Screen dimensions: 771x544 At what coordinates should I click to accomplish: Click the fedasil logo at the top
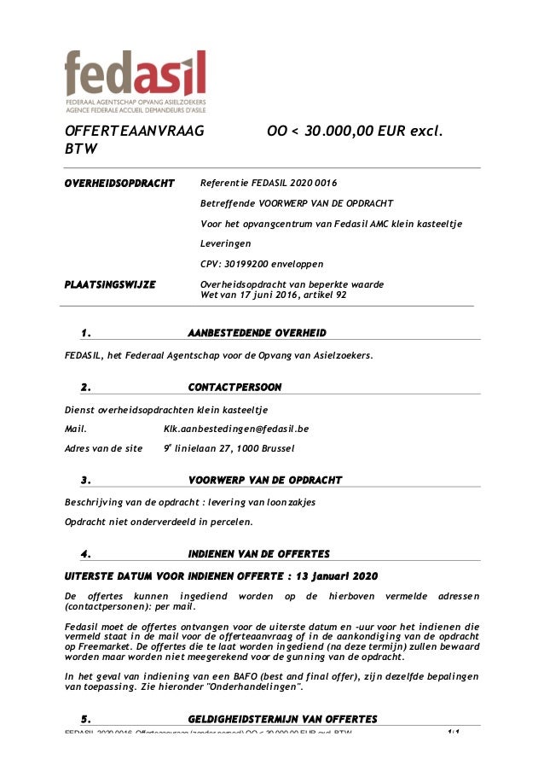(x=136, y=78)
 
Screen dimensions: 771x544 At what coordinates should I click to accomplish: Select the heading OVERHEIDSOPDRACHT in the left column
(x=119, y=183)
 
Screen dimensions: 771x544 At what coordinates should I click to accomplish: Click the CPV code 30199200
(x=246, y=264)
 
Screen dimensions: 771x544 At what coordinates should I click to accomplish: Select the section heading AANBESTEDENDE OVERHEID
(x=257, y=332)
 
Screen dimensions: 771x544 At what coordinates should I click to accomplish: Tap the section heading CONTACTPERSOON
(x=234, y=388)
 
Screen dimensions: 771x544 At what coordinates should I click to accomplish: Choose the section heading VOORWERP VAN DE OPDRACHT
(x=264, y=480)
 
